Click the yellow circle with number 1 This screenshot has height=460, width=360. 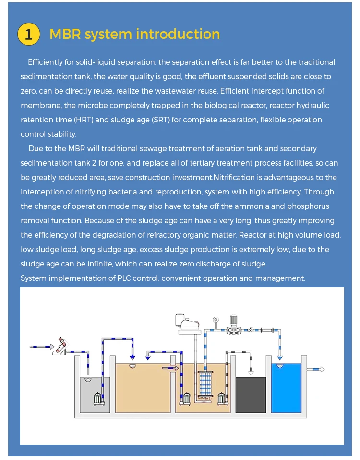pos(28,35)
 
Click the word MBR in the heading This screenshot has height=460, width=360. pos(66,35)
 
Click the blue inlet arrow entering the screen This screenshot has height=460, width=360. pos(42,346)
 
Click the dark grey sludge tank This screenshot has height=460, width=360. pos(250,395)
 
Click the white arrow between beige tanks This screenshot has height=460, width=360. pos(170,368)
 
